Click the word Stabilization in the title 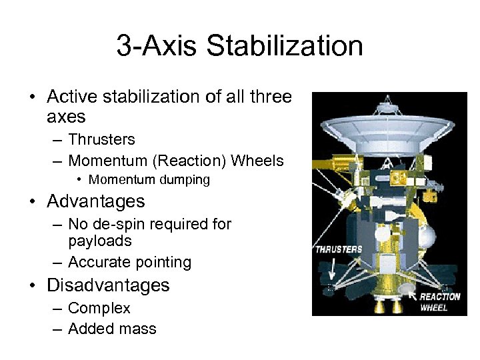point(285,47)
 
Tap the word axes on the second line point(66,117)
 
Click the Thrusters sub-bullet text point(101,140)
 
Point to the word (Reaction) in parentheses point(192,161)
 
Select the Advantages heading point(95,201)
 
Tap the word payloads point(100,241)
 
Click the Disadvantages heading point(108,285)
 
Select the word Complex point(99,309)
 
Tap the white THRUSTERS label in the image point(339,249)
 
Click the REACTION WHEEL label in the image point(439,301)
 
